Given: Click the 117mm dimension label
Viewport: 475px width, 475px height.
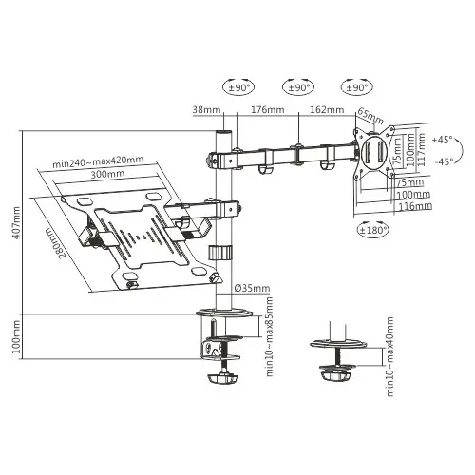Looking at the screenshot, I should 426,150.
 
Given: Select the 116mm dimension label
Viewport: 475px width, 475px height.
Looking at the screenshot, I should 415,205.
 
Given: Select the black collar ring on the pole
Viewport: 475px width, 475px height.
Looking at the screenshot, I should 220,254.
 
